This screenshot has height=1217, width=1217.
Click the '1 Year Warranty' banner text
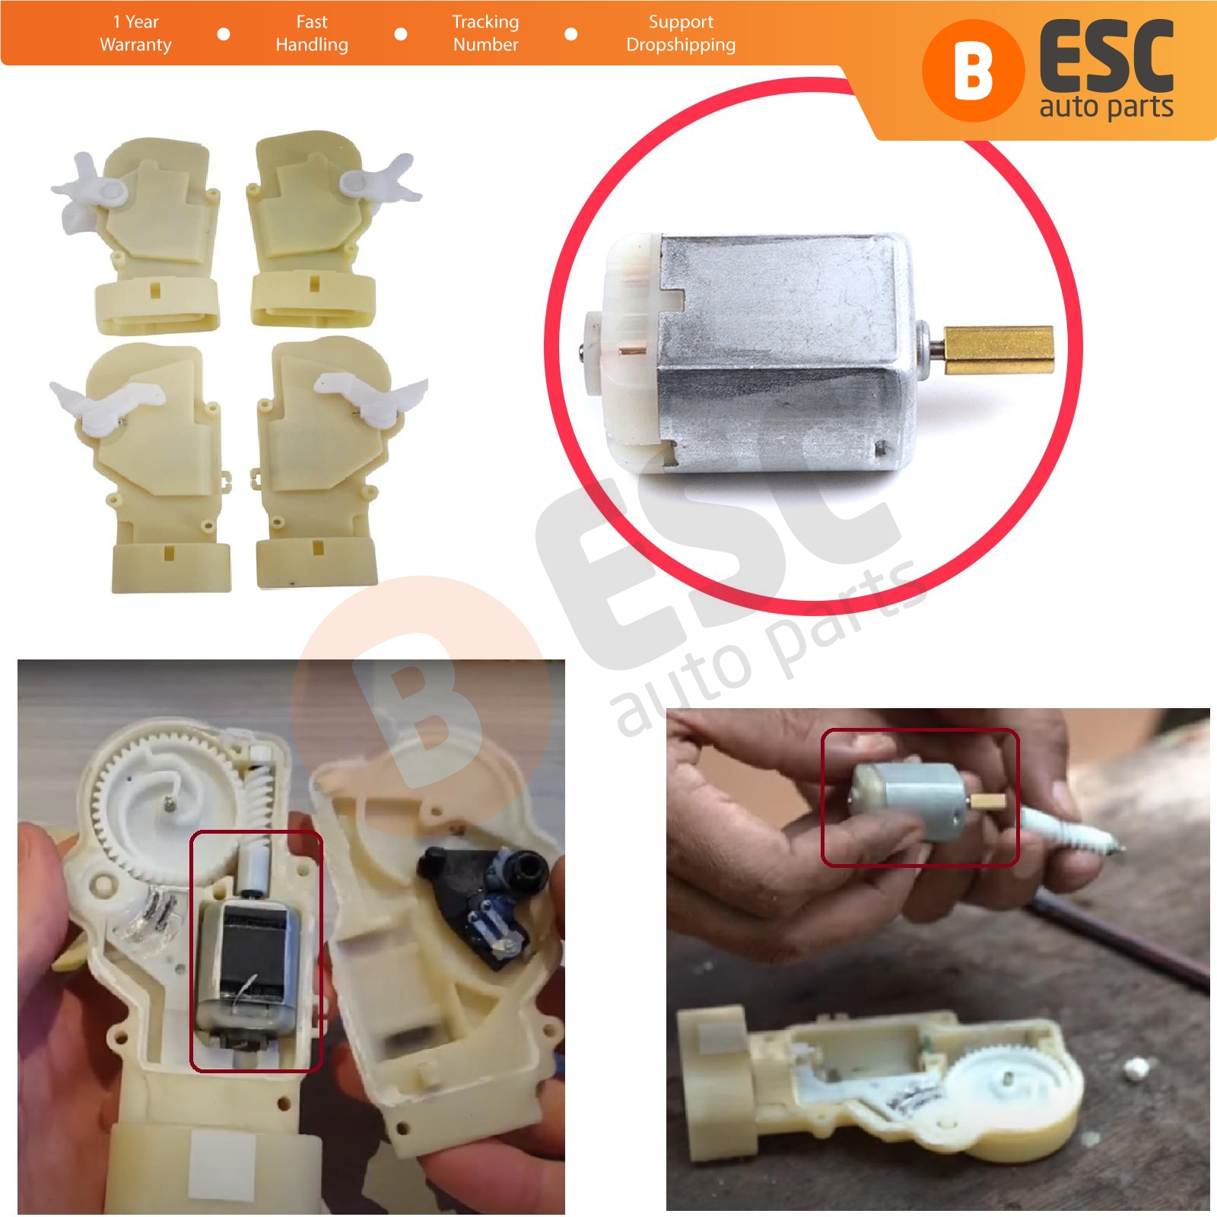click(x=135, y=33)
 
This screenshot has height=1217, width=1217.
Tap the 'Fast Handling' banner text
click(x=312, y=33)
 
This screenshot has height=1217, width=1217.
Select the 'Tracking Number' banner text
click(x=485, y=33)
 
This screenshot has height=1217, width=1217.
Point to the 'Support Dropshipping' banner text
click(x=681, y=33)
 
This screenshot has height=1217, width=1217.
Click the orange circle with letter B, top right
click(x=971, y=71)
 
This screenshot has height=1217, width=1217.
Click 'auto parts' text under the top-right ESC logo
click(x=1106, y=107)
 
